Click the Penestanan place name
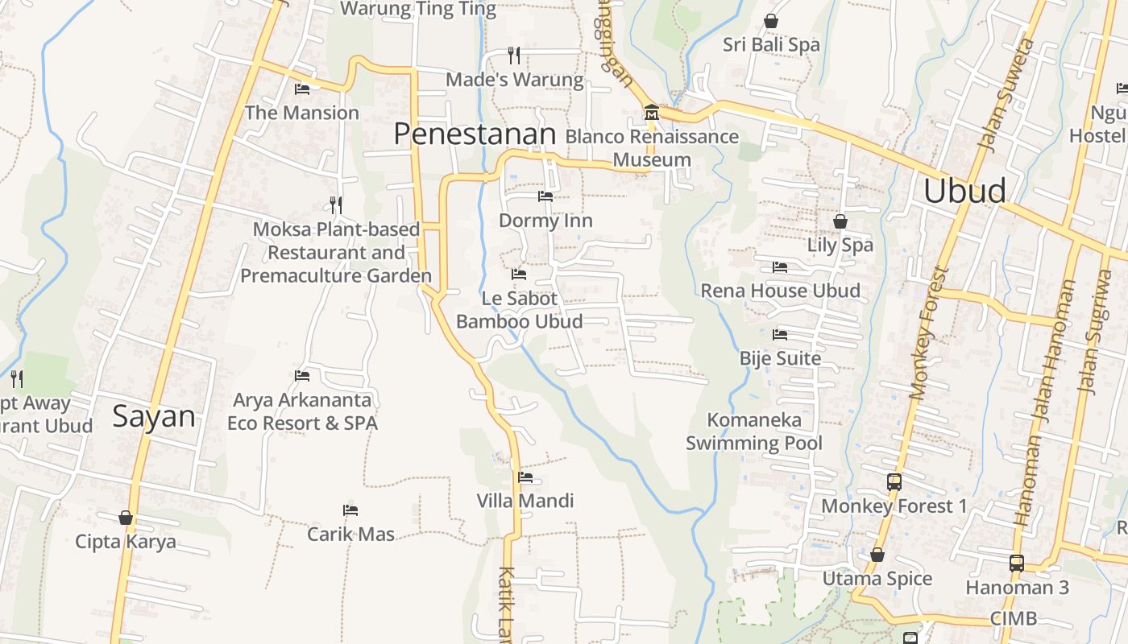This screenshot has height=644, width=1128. click(475, 134)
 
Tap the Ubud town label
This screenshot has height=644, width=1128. click(964, 191)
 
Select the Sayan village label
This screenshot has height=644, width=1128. click(154, 416)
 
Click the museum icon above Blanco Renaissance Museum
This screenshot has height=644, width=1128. click(651, 113)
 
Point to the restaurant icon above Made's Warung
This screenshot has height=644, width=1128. click(514, 55)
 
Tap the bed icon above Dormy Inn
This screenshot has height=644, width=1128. click(545, 196)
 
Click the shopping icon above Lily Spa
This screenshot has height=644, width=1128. click(840, 221)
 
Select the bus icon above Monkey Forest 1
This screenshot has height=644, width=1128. click(894, 482)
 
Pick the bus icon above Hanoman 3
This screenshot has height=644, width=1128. click(1017, 563)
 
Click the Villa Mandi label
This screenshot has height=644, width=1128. click(525, 501)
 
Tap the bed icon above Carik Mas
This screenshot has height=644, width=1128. click(350, 510)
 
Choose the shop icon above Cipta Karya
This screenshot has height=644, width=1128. click(125, 517)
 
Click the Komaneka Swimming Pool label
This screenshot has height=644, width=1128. click(754, 431)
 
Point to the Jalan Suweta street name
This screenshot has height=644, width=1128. click(1005, 94)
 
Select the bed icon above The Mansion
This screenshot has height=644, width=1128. click(302, 89)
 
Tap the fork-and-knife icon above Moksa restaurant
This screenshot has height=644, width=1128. click(336, 204)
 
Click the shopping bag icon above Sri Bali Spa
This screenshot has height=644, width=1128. click(771, 21)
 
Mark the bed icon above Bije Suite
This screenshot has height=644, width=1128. click(780, 334)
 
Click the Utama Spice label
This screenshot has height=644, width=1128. click(877, 578)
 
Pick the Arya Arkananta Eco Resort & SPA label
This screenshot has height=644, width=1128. click(302, 411)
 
